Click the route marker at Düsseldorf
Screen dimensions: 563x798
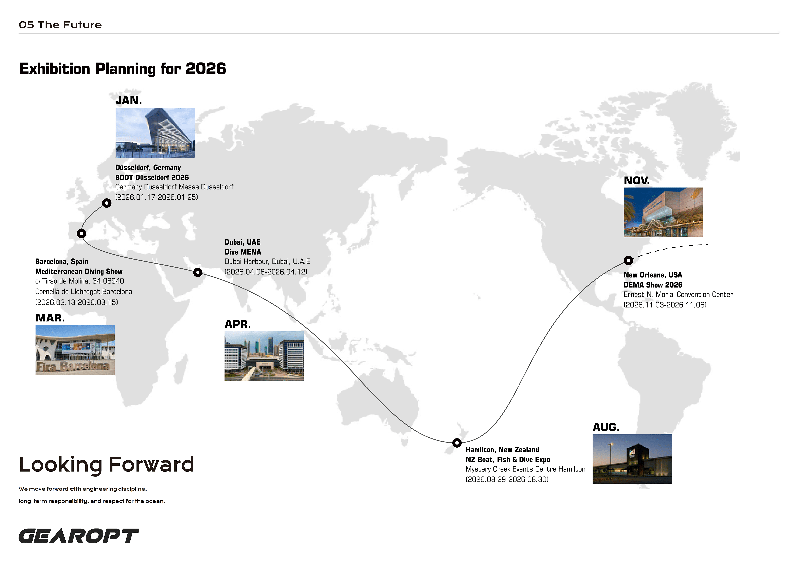(107, 203)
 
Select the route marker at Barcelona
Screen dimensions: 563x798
(81, 234)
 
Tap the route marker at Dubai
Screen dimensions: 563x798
(198, 272)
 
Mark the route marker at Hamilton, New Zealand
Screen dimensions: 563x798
(457, 443)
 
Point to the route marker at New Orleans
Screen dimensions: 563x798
(628, 260)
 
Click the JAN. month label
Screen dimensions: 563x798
(129, 101)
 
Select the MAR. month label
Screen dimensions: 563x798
(50, 318)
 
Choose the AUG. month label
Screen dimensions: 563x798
(606, 427)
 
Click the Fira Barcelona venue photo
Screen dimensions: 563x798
(75, 350)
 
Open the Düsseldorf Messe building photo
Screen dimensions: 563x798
(155, 133)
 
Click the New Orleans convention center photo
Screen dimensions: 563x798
(663, 212)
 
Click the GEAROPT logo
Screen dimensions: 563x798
(79, 536)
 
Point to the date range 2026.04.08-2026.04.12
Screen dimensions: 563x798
(266, 272)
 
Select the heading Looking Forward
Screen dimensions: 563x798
(106, 465)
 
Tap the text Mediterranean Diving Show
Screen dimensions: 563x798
(79, 271)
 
